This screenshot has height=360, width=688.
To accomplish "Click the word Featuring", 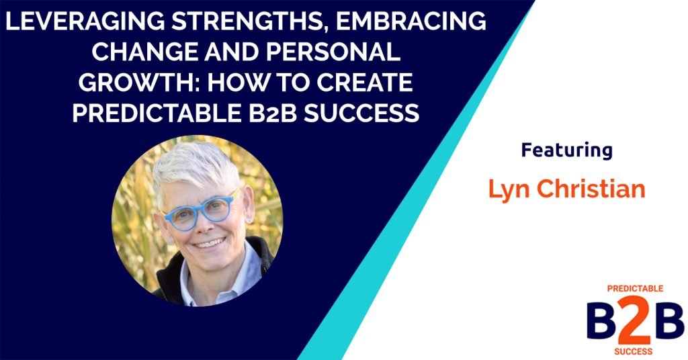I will coord(566,150).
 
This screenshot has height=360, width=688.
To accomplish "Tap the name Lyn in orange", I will coord(508,190).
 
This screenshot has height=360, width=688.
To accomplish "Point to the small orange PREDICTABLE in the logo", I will coord(635,288).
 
